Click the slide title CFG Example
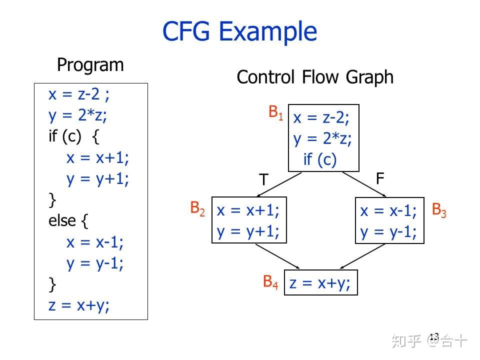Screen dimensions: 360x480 [239, 31]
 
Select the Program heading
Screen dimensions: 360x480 [90, 65]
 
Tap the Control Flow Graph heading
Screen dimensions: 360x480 [314, 77]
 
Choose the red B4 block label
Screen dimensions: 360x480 [271, 282]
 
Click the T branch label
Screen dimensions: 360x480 [263, 179]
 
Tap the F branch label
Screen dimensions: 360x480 [380, 178]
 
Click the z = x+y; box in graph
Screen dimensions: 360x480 [320, 283]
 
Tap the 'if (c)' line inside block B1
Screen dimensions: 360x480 [320, 159]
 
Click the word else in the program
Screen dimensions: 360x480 [62, 220]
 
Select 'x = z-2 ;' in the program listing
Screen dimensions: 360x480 [79, 94]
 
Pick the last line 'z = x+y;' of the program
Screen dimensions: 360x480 [79, 305]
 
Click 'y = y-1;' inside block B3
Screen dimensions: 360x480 [388, 231]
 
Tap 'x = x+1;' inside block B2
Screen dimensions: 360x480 [248, 210]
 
